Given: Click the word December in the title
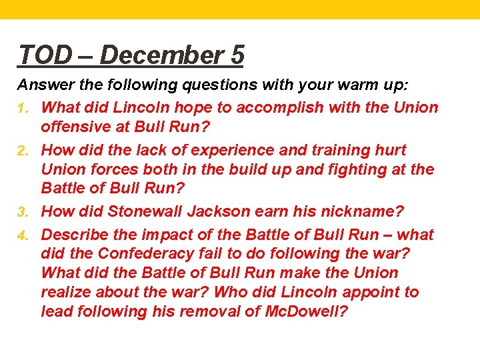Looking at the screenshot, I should pyautogui.click(x=165, y=55).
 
